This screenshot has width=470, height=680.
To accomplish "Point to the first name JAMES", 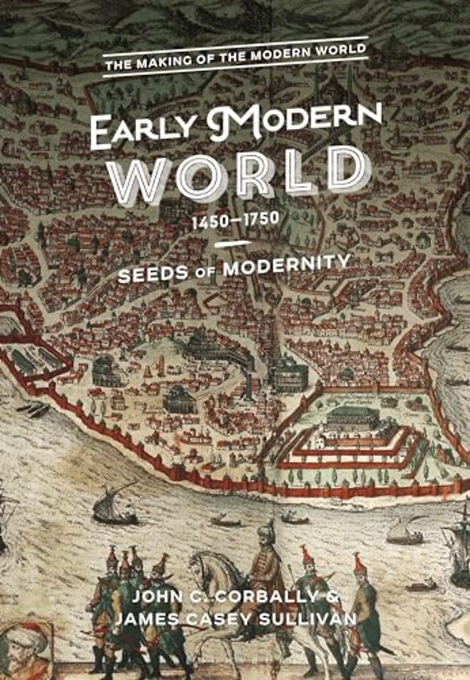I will point(149,620).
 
